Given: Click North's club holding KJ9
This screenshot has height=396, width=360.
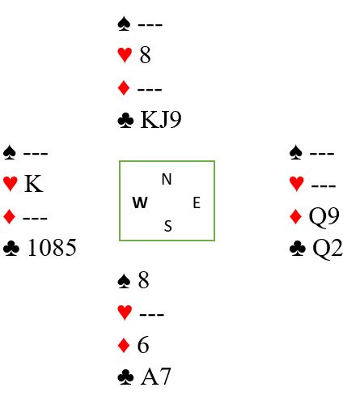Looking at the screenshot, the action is [x=161, y=120].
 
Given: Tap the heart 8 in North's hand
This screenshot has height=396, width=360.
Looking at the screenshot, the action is [x=145, y=54].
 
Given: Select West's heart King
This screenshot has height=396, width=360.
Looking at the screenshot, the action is [x=33, y=184].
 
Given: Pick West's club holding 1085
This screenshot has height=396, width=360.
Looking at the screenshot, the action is [x=52, y=248].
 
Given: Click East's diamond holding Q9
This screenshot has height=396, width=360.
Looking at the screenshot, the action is [x=324, y=216].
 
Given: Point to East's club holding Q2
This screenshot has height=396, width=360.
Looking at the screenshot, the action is [x=328, y=249].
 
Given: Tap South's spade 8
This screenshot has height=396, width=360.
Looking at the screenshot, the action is [x=143, y=280].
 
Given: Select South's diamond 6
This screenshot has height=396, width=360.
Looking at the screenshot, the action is [x=143, y=345].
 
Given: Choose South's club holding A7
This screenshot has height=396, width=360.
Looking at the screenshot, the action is [x=155, y=377].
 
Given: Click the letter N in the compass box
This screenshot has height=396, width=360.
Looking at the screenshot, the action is [x=167, y=179].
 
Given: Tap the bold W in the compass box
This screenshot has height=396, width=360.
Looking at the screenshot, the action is [x=140, y=202].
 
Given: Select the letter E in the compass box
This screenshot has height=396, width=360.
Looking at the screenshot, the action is [x=197, y=202].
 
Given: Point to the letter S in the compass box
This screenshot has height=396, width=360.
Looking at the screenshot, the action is [x=167, y=226].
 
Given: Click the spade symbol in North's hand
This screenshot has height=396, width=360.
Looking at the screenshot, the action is [x=124, y=23].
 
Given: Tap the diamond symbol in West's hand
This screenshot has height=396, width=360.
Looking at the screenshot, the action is [x=10, y=217].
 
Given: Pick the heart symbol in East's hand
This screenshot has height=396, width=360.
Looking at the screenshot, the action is [x=296, y=184].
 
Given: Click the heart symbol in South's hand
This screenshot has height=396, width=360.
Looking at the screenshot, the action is [x=125, y=313].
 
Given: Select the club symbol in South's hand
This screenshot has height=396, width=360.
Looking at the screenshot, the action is [x=125, y=377].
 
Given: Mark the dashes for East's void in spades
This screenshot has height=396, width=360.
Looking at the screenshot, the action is [x=322, y=154].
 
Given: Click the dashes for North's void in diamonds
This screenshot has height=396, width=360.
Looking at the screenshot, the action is [x=150, y=89].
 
